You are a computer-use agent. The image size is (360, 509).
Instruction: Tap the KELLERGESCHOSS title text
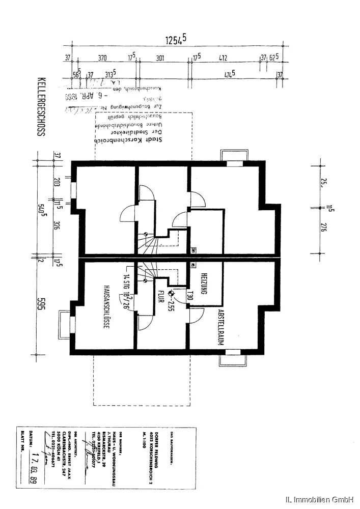tap(41, 107)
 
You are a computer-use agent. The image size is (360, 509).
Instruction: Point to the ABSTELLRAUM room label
tap(221, 327)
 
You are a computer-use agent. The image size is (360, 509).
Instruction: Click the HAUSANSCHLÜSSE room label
tap(106, 306)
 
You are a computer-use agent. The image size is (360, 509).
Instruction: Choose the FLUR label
tap(160, 297)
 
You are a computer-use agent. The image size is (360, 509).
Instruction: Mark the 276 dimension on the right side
tap(322, 228)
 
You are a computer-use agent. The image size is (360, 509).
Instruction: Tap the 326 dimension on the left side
tap(57, 226)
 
